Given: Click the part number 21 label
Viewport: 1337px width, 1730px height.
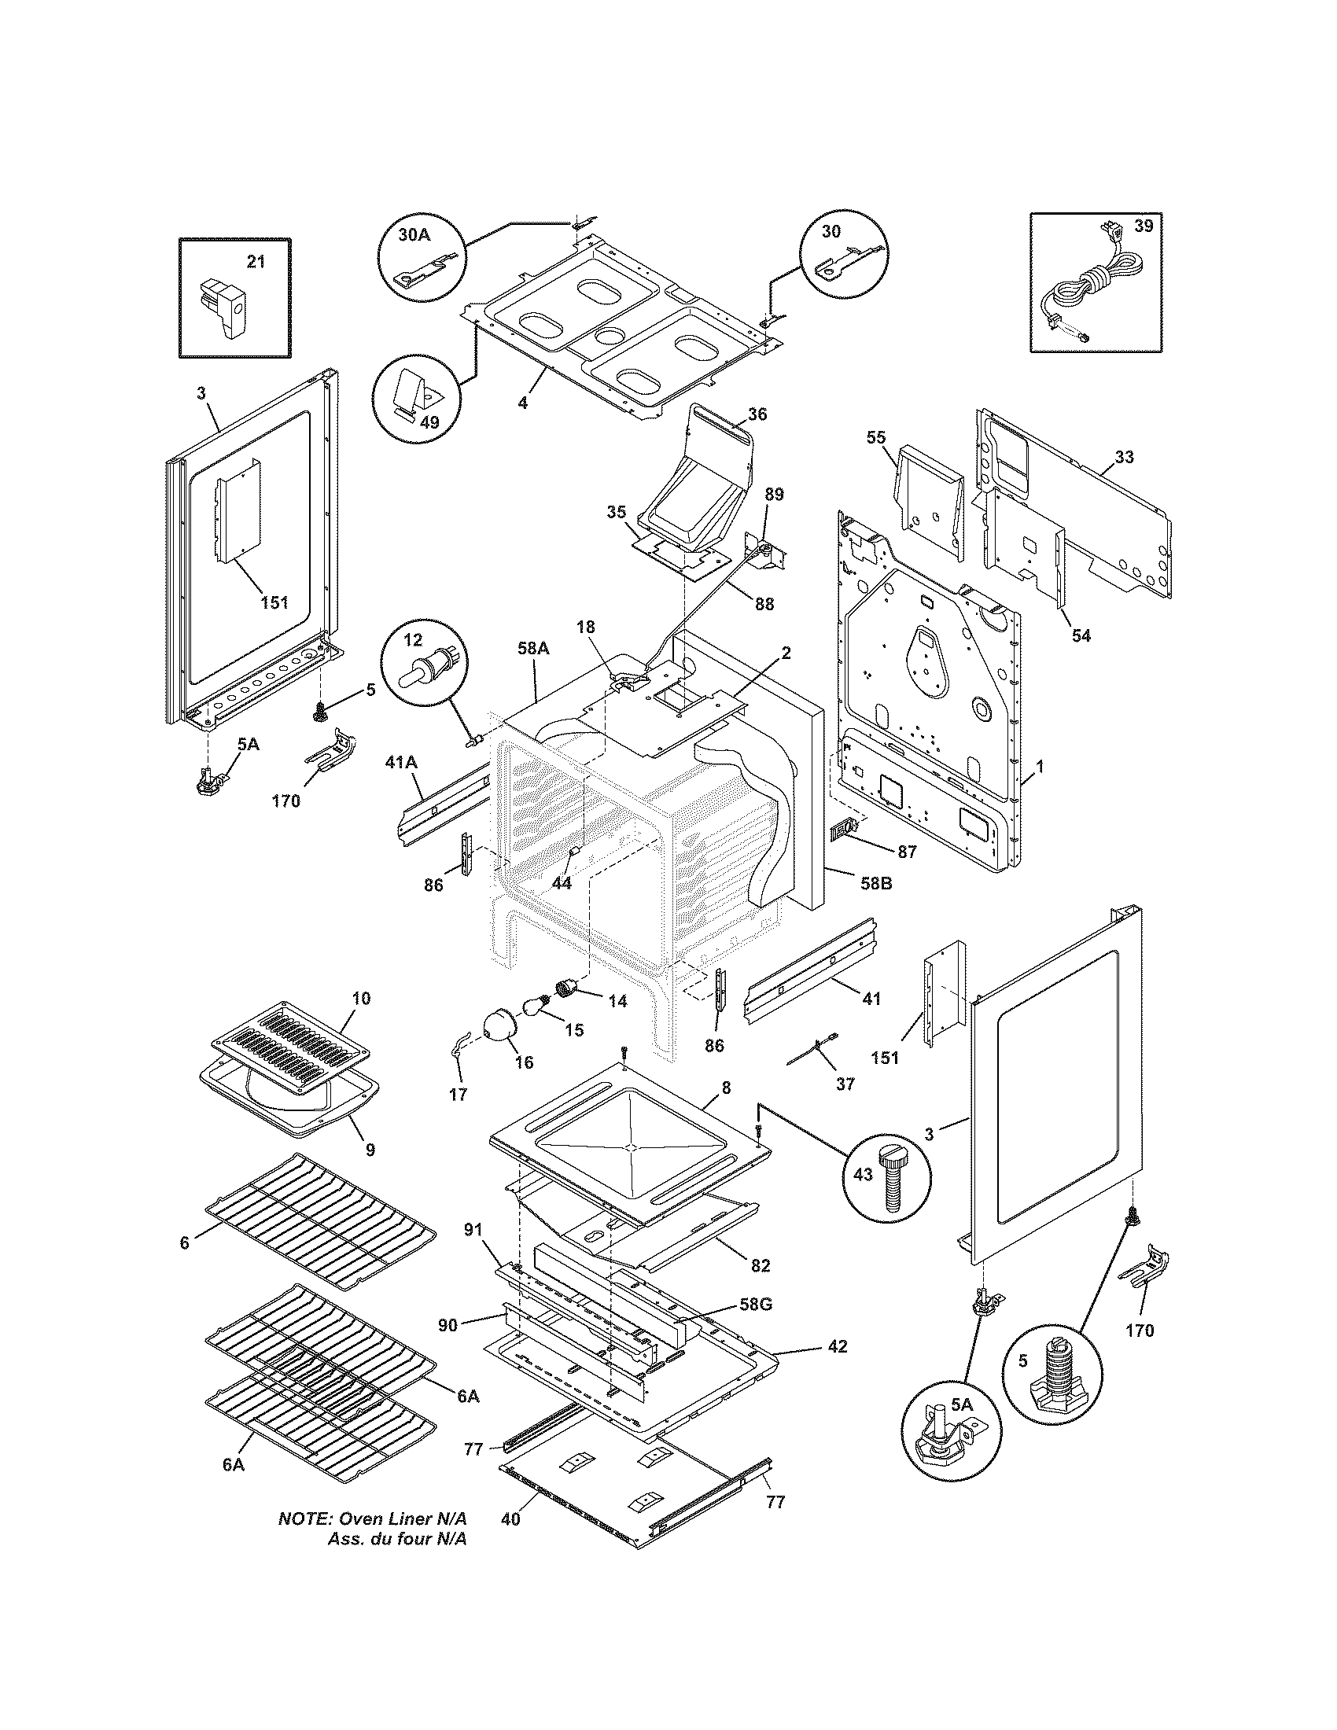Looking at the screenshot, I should (x=256, y=261).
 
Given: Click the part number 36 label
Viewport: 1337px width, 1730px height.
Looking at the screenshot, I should (x=757, y=414).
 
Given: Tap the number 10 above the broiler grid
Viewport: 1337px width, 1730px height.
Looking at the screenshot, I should (x=360, y=998).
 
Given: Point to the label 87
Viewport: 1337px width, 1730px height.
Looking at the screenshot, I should (x=907, y=852).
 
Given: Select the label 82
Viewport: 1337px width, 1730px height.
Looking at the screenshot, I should (x=760, y=1266).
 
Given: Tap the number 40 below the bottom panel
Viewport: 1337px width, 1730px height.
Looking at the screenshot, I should (x=511, y=1519).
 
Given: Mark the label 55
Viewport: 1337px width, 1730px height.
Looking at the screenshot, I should (x=876, y=438).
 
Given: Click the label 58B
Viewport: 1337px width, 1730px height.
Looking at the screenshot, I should (x=875, y=883).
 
